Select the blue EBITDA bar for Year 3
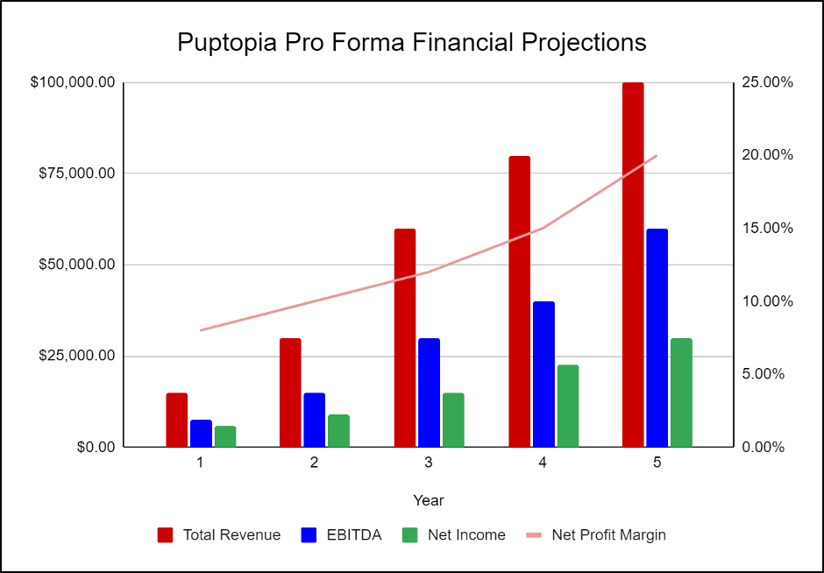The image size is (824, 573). pos(429,393)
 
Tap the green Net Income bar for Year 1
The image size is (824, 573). pos(225,436)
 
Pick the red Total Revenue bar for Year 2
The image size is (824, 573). pos(290,393)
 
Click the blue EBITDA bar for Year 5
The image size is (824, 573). pos(657,337)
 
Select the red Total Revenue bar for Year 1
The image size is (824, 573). pos(177,420)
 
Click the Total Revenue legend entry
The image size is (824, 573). pos(219,534)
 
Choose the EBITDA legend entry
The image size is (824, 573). pos(341,534)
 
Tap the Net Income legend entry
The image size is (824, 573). pos(453,534)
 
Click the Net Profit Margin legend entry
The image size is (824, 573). pos(596,534)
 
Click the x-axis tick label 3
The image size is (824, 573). pos(429,463)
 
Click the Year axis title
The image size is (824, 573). pos(429,500)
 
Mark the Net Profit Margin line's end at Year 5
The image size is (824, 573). pos(657,155)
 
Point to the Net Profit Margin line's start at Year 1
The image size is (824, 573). pos(201,330)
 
